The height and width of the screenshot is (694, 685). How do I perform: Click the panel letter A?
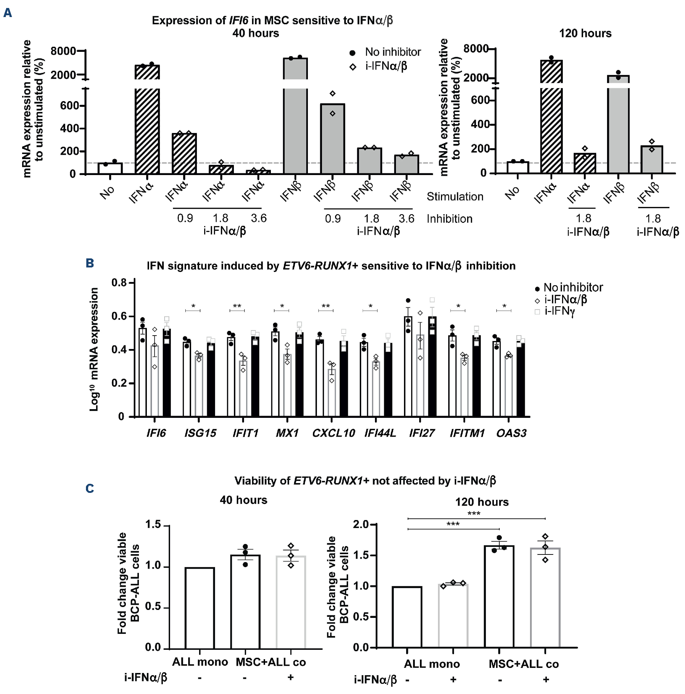8,13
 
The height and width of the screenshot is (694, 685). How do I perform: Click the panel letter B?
90,263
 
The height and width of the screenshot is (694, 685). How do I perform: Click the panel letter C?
90,489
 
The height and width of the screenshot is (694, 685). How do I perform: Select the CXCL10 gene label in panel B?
333,433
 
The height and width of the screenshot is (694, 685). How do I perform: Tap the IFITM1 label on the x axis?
467,433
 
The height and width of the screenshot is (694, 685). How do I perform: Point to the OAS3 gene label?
511,433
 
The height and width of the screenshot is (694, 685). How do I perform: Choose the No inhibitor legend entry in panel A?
393,52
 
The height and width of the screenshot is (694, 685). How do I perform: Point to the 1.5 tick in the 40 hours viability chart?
153,525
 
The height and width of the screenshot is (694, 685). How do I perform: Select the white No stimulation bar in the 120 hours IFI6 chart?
517,167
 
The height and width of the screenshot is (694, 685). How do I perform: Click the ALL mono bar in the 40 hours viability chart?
199,608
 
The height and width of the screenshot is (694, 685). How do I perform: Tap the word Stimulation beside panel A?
455,196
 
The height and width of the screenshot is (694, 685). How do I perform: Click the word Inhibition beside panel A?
449,219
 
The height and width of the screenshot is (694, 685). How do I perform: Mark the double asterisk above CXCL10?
326,307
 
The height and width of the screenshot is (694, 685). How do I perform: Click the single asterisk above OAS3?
504,307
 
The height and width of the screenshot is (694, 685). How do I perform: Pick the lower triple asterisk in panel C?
453,524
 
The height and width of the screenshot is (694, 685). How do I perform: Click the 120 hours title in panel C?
482,502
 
